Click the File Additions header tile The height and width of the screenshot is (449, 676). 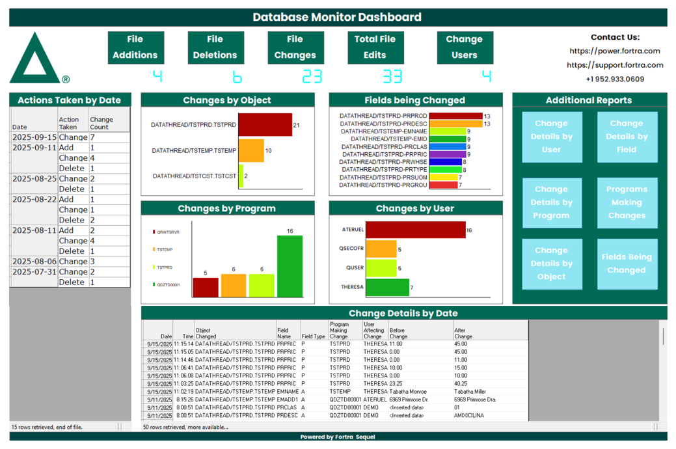tap(135, 48)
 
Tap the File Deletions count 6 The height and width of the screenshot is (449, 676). tap(237, 76)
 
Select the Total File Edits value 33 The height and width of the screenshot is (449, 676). tap(392, 76)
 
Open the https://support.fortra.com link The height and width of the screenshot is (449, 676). tap(615, 65)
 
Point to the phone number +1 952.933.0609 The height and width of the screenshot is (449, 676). tap(615, 79)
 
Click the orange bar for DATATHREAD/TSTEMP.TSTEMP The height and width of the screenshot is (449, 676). tap(251, 151)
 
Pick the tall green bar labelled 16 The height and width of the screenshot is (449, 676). tap(290, 266)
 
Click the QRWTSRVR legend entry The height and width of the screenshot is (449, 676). tap(168, 232)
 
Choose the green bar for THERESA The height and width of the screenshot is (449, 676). tap(387, 287)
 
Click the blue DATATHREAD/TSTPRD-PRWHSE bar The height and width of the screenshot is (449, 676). tap(445, 162)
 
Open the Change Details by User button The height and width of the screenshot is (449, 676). tap(552, 137)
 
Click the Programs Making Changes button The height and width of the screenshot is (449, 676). tap(627, 202)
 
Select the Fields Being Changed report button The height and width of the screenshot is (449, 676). tap(627, 264)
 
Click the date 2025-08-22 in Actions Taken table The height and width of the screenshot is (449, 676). tap(34, 200)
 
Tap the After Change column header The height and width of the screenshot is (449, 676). tap(463, 333)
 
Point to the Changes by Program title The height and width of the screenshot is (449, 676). tap(228, 209)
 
